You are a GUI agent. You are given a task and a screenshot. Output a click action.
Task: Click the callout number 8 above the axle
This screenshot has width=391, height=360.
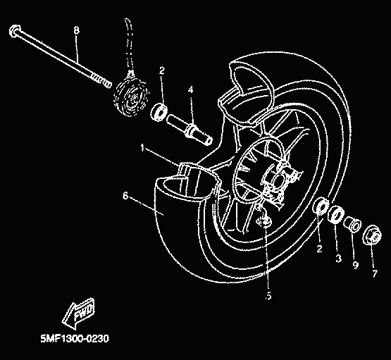77,30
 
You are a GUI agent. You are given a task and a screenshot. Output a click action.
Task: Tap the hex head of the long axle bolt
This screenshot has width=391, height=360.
15,31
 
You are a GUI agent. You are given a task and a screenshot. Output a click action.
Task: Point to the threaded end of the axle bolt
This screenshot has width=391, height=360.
101,81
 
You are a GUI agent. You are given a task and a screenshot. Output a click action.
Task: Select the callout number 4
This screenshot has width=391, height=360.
190,89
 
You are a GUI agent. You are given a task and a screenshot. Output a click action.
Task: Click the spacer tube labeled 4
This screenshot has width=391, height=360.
190,130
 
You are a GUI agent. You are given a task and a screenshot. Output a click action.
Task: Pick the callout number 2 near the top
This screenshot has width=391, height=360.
162,71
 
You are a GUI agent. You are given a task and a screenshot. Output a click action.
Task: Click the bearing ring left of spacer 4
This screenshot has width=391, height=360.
159,113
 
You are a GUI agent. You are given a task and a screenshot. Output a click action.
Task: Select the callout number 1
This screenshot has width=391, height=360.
142,147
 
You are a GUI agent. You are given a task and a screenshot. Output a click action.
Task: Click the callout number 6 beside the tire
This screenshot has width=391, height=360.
125,196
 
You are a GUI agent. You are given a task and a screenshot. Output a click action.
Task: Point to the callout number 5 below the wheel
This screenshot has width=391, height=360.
268,296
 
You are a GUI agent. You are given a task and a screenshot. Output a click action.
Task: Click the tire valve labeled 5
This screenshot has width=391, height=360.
264,221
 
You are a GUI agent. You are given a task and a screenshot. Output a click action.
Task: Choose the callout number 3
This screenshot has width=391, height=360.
338,259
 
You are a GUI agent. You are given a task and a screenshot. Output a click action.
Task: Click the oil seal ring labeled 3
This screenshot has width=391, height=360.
336,213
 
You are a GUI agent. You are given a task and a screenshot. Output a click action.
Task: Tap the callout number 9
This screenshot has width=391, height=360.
355,265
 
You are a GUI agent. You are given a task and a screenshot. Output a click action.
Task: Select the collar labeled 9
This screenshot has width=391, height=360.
352,223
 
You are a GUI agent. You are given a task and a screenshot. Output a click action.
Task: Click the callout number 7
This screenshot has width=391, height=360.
375,273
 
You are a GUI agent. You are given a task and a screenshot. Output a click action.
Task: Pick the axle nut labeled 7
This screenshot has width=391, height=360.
372,235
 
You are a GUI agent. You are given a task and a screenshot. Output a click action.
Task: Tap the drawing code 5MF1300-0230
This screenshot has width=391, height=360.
75,339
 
